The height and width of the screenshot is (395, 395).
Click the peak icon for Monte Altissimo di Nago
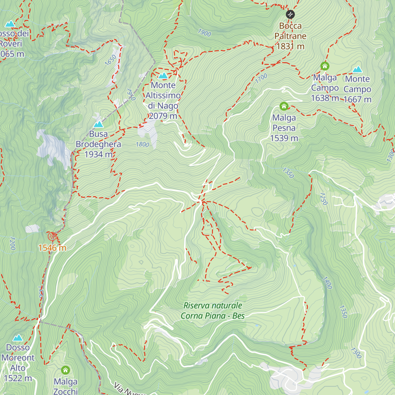163,76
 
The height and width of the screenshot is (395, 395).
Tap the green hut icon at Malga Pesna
284,106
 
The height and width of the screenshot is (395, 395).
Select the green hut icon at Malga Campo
325,66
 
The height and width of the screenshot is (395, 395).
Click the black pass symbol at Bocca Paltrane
290,14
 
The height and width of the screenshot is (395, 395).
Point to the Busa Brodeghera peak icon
98,124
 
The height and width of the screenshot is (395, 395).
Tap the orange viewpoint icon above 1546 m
52,236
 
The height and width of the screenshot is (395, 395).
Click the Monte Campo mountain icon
357,69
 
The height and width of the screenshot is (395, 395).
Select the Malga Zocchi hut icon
66,370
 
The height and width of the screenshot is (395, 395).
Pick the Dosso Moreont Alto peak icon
18,338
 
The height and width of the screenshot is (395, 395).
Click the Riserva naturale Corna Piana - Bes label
213,311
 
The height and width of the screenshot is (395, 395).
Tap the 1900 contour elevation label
204,33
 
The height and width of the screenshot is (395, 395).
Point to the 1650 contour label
111,60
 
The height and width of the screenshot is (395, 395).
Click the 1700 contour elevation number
261,78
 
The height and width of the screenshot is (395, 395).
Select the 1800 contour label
142,145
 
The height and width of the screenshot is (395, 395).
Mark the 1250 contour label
324,198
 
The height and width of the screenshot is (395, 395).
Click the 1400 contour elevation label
327,283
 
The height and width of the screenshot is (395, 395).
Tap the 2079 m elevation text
163,116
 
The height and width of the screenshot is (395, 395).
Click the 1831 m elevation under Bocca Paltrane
290,46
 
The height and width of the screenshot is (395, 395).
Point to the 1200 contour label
13,243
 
